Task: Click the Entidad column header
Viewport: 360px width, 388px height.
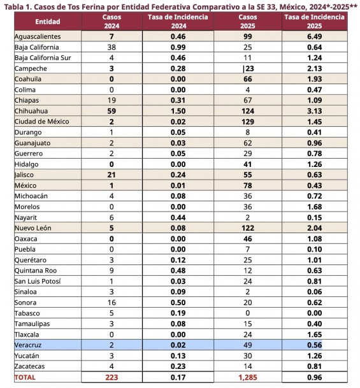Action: point(48,22)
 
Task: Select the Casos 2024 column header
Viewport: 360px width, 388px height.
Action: point(112,22)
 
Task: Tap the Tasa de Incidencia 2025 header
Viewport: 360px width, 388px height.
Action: point(314,22)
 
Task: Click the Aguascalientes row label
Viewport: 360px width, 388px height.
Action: point(38,36)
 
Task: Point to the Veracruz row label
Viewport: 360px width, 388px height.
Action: point(28,345)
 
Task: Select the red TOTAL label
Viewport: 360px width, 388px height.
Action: point(25,377)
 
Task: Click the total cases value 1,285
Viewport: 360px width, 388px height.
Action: point(248,377)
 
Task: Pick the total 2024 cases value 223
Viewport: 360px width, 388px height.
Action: point(112,377)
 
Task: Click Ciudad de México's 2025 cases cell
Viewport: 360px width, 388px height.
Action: point(248,122)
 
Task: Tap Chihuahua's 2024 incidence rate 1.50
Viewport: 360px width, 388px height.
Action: point(178,111)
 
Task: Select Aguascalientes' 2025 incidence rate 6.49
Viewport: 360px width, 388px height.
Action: point(315,36)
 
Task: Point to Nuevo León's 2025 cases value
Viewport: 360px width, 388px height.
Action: point(248,228)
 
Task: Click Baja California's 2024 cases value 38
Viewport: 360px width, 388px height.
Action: point(112,47)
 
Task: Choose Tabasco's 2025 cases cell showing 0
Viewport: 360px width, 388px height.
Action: point(248,313)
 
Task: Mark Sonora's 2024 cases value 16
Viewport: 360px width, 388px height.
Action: point(112,303)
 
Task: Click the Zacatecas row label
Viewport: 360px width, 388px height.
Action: point(30,366)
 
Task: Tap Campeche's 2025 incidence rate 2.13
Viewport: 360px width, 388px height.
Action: point(315,69)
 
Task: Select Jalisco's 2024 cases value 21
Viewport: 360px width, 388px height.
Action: point(112,175)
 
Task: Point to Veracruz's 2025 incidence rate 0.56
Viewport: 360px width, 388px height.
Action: point(315,345)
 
